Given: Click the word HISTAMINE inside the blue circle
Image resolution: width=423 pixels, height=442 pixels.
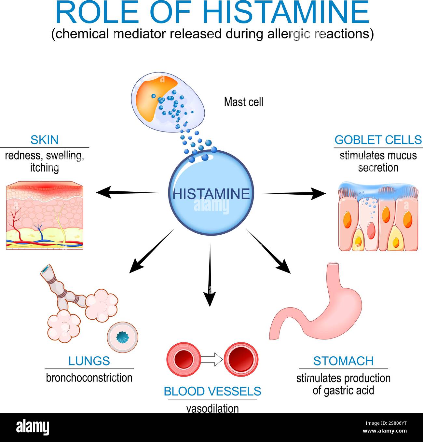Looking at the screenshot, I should tap(211, 194).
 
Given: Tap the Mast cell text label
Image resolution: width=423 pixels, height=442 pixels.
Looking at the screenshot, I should tap(243, 102).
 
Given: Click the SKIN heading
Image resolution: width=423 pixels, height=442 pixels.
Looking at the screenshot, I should tap(45, 140).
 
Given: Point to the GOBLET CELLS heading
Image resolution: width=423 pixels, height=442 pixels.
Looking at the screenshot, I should tap(378, 140).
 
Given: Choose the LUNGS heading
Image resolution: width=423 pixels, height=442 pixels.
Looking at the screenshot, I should tap(89, 361).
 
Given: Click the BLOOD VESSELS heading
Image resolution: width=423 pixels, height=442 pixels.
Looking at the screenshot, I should tap(212, 391).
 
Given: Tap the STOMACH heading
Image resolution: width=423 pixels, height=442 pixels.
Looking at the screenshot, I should tap(343, 361).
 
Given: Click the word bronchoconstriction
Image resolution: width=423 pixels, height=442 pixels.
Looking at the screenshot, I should tap(89, 378).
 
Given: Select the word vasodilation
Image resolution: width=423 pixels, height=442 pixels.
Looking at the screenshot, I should tap(212, 408).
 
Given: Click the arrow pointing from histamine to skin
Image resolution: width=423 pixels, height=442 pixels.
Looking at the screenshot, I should tap(127, 192).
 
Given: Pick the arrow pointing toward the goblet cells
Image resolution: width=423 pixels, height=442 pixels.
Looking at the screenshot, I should tap(294, 194).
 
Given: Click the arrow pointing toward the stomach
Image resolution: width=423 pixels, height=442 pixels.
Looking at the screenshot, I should tap(268, 251).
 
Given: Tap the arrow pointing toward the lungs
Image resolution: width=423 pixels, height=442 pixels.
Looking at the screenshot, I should tap(151, 251).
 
